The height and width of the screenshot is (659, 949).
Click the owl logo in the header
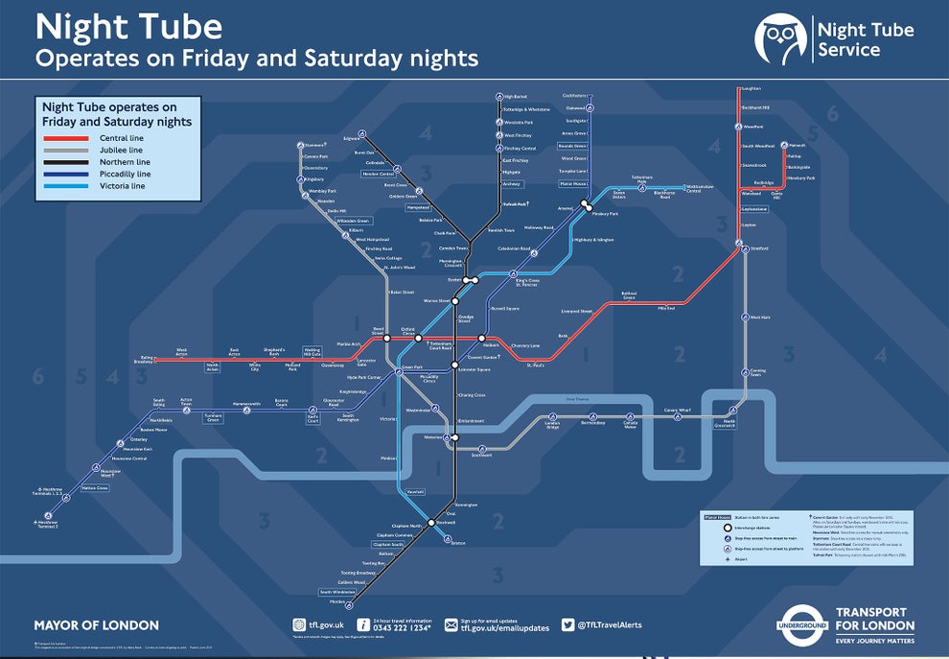[780, 37]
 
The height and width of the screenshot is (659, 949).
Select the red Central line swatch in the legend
[66, 140]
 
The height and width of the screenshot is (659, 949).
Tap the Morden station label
[337, 601]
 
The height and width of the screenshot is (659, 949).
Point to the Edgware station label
[364, 139]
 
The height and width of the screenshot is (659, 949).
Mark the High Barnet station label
[517, 97]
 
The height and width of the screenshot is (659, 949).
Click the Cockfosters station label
[573, 96]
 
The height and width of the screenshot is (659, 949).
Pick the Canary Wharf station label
[678, 411]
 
